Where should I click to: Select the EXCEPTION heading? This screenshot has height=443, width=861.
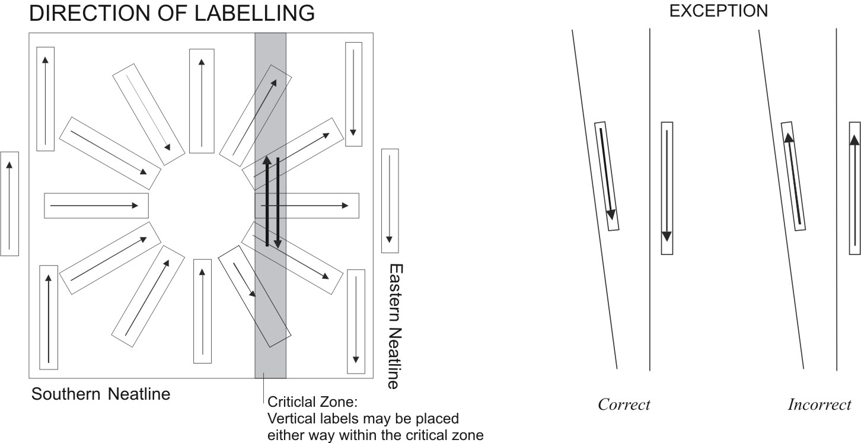click(x=718, y=11)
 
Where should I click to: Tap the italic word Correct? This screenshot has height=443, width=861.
click(x=624, y=405)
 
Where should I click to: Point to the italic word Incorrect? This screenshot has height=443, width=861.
click(x=819, y=405)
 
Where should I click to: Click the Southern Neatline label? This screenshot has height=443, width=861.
click(x=101, y=394)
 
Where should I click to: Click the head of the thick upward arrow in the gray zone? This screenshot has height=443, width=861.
click(x=267, y=160)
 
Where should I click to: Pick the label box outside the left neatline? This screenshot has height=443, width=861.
click(x=9, y=203)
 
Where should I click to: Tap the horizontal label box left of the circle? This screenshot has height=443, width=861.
click(x=96, y=206)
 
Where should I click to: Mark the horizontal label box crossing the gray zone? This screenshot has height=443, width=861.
click(x=307, y=206)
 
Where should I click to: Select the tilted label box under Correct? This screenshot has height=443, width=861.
click(x=607, y=176)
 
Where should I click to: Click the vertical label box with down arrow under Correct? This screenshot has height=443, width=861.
click(x=667, y=188)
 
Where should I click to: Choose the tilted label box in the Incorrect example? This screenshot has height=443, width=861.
click(x=795, y=176)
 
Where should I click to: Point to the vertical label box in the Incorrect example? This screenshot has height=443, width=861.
click(x=854, y=188)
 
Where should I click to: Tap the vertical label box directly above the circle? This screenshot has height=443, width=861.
click(x=202, y=101)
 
